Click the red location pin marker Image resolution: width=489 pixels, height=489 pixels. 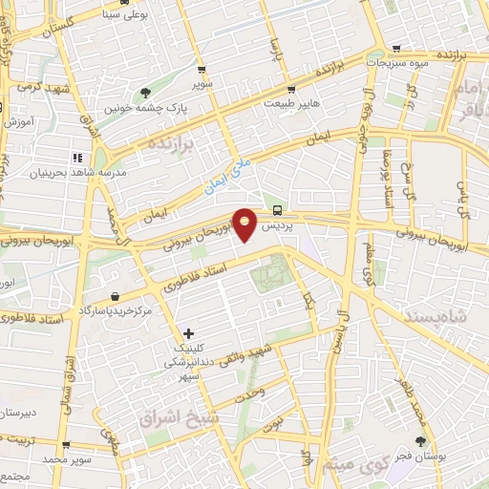coord(246,223)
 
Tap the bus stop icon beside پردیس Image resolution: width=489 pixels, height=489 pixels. coord(277,210)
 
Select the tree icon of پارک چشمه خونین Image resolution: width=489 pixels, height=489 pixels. coord(145,93)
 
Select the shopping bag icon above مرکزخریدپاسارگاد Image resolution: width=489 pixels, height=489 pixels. coord(115,297)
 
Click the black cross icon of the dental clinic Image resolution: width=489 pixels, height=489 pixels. coord(188,333)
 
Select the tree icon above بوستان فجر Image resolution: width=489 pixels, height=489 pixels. coord(420,441)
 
